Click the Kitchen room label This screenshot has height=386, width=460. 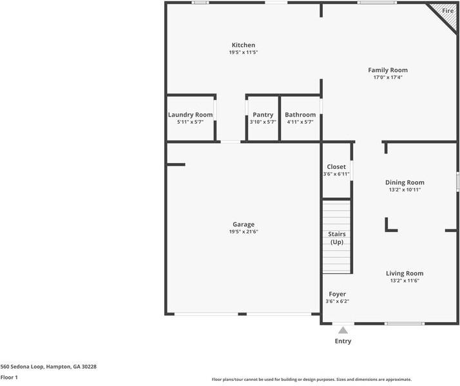(x=243, y=45)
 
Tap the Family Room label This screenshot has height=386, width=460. (x=387, y=70)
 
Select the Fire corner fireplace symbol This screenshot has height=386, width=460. (x=447, y=12)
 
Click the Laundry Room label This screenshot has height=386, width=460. (x=190, y=115)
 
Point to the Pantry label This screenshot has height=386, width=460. (x=263, y=115)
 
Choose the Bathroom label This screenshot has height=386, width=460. (x=300, y=115)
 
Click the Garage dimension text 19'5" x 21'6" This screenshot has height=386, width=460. (x=244, y=232)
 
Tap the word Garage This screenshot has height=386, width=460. (x=244, y=224)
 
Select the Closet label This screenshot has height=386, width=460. (x=336, y=167)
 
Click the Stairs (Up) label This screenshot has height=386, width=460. (x=337, y=238)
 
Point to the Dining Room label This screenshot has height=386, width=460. (x=404, y=182)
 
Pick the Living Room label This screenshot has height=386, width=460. (x=405, y=273)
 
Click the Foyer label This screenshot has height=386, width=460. (x=337, y=294)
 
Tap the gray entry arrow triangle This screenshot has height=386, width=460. (x=343, y=330)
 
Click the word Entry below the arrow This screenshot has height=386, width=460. (x=343, y=341)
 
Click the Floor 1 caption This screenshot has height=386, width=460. (x=9, y=377)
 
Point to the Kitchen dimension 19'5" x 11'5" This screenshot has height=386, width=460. (x=243, y=52)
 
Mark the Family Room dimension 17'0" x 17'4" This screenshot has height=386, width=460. (x=387, y=77)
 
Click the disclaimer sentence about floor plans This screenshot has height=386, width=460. (x=312, y=380)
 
